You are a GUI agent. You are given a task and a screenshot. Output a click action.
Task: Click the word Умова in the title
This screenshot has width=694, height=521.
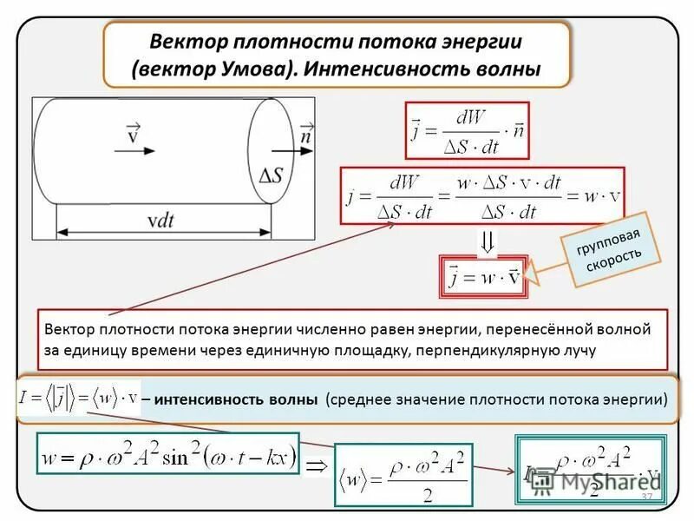tap(253, 68)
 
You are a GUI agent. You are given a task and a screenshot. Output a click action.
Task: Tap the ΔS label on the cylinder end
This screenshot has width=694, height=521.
tap(270, 174)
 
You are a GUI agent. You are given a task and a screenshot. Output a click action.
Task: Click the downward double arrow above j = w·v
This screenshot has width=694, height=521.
tap(488, 241)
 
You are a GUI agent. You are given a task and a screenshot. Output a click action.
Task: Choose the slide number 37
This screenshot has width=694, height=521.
tap(645, 496)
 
